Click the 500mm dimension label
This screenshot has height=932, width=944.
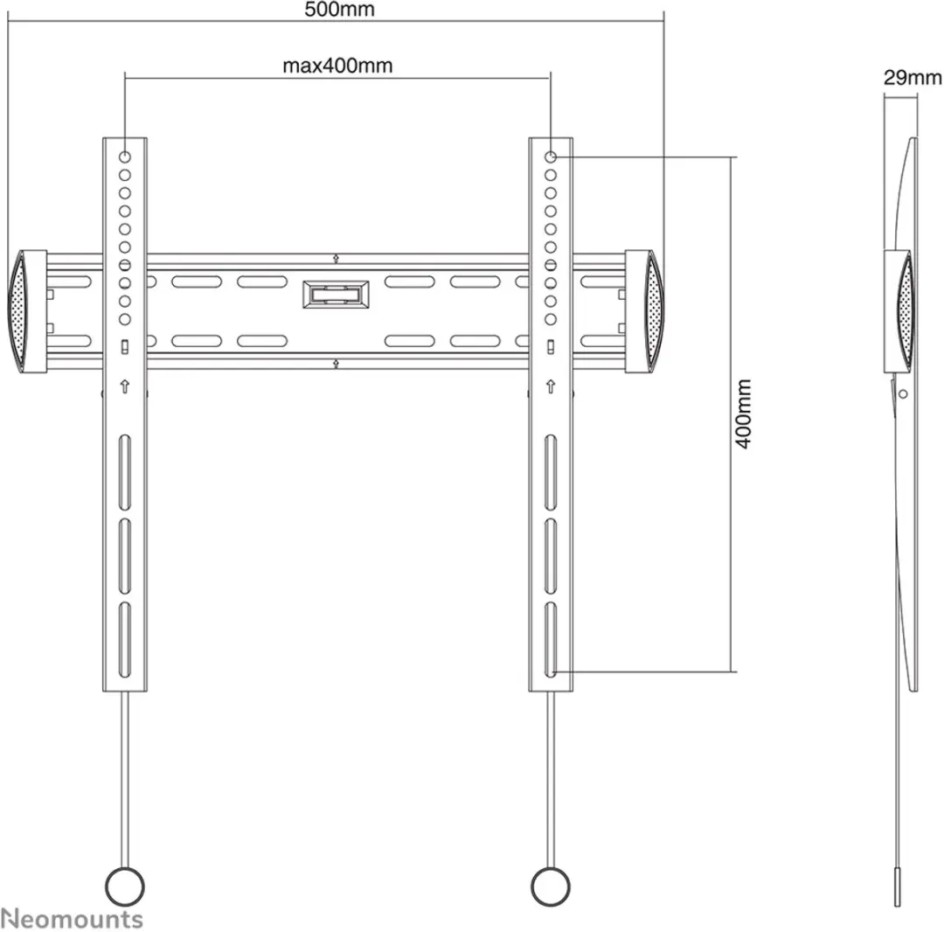pyautogui.click(x=339, y=9)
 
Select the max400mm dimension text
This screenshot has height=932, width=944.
pyautogui.click(x=337, y=65)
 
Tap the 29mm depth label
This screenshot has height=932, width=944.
pyautogui.click(x=913, y=78)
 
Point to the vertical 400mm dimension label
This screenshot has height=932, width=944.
pyautogui.click(x=744, y=414)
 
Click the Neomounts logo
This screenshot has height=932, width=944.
pyautogui.click(x=72, y=919)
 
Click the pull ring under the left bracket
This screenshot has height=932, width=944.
pyautogui.click(x=125, y=887)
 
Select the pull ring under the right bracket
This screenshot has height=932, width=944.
pyautogui.click(x=551, y=887)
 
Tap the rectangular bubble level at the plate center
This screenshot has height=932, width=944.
pyautogui.click(x=336, y=295)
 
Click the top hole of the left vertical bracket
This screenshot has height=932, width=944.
pyautogui.click(x=125, y=157)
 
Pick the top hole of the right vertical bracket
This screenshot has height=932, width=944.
pyautogui.click(x=551, y=157)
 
